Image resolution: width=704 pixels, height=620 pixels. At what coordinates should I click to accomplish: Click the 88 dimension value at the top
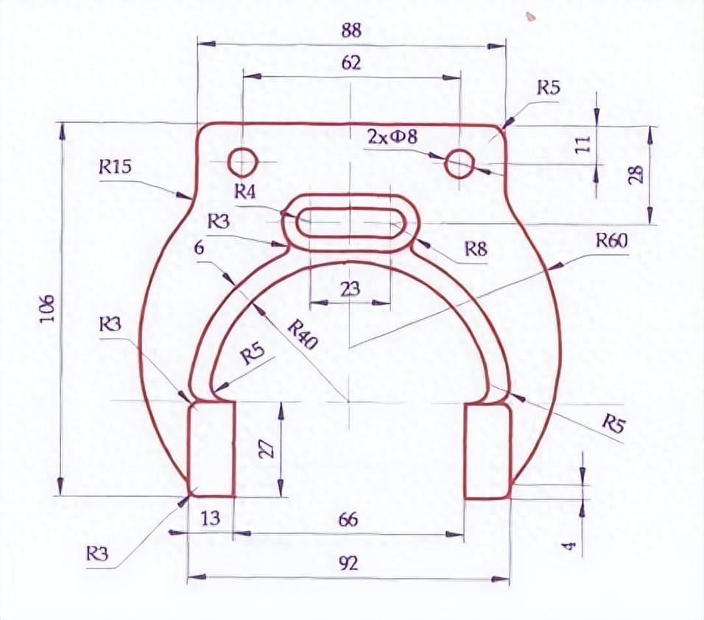click(x=351, y=31)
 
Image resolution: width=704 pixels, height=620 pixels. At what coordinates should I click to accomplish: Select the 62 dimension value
click(x=351, y=63)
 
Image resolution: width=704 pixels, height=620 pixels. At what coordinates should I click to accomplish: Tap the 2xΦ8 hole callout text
click(x=393, y=136)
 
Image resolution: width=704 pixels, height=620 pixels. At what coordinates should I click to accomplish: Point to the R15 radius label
click(x=115, y=167)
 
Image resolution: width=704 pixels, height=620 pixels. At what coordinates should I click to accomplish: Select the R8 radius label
click(x=476, y=250)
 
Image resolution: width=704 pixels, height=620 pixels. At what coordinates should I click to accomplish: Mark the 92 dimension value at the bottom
click(x=348, y=564)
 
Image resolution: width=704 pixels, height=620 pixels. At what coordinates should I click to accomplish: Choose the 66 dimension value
click(x=348, y=520)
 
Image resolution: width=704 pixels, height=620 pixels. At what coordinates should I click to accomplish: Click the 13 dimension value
click(x=210, y=518)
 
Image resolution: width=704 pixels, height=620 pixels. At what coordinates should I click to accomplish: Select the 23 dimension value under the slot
click(x=350, y=289)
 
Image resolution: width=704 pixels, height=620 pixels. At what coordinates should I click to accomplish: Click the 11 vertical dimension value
click(x=581, y=144)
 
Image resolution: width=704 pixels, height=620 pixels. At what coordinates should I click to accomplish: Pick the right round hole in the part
click(x=460, y=163)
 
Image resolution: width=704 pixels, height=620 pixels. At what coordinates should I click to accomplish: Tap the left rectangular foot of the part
click(x=211, y=449)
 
